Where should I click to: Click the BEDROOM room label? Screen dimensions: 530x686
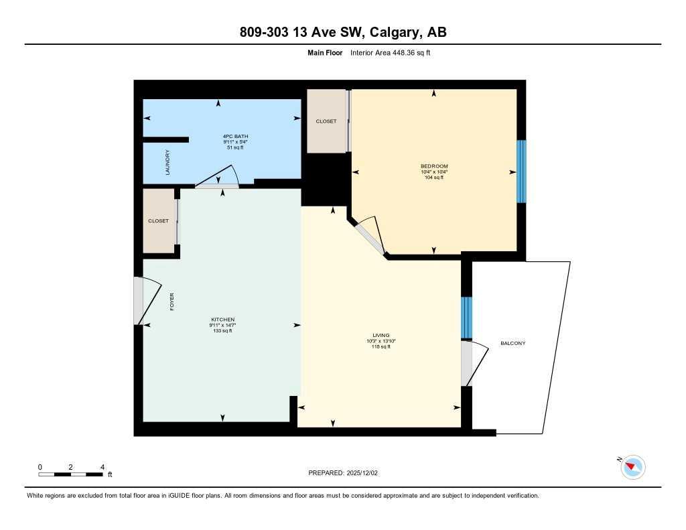tap(434, 166)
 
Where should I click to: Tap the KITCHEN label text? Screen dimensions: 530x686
tap(222, 320)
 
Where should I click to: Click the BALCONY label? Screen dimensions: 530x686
tap(513, 343)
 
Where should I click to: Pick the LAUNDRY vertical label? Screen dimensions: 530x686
tap(167, 162)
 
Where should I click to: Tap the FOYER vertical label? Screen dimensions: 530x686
tap(172, 302)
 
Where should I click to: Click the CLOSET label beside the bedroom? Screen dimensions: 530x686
tap(326, 121)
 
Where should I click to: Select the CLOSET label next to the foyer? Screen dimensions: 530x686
tap(159, 220)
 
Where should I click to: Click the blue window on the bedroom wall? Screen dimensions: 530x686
tap(521, 172)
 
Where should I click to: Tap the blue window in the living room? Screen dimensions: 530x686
tap(467, 318)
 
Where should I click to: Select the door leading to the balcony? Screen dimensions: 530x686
tap(471, 364)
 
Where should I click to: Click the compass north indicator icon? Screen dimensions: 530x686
tap(632, 467)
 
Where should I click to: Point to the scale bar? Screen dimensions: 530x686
tap(70, 474)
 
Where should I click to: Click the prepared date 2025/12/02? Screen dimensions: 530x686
tap(365, 473)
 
